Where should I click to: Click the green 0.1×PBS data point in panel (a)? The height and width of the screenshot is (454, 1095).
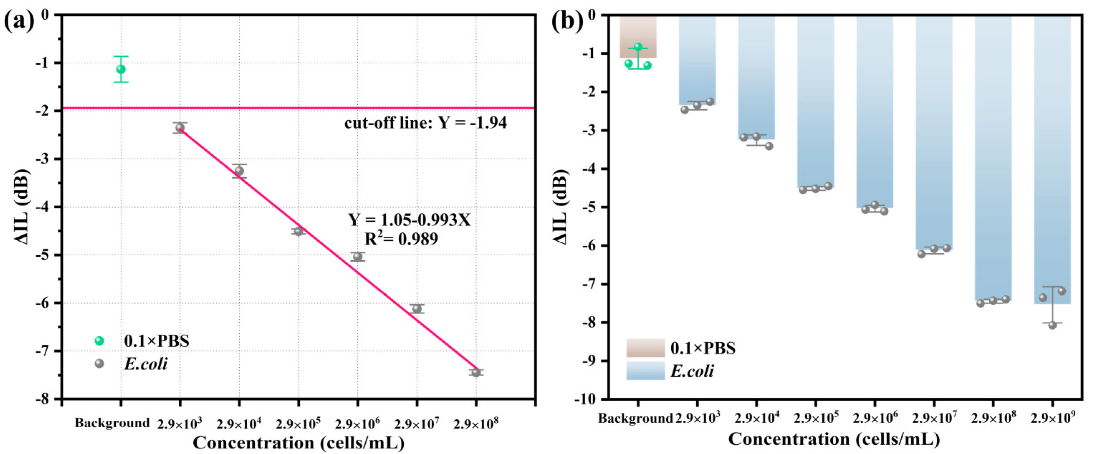coord(121,69)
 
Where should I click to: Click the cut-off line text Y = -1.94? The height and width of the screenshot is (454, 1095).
coord(426,123)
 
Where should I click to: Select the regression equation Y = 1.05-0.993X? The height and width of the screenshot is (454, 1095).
coord(410,220)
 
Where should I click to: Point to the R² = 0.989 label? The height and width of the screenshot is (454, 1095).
coord(401,239)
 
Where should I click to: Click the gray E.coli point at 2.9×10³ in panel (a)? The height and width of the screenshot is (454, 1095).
coord(180,127)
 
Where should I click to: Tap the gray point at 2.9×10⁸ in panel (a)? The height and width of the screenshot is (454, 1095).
coord(476,372)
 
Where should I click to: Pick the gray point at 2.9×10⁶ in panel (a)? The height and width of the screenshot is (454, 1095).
coord(357,256)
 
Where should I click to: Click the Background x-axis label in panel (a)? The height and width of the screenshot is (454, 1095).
coord(112,423)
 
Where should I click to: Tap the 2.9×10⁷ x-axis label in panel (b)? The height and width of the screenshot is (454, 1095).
coord(934,419)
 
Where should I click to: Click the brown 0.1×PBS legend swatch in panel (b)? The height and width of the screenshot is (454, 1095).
coord(645,348)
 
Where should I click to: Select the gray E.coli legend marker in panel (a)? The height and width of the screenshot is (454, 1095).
coord(99,363)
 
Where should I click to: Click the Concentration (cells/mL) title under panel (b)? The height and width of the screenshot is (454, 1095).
coord(834,439)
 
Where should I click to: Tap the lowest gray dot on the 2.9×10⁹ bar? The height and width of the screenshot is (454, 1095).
coord(1052,325)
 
